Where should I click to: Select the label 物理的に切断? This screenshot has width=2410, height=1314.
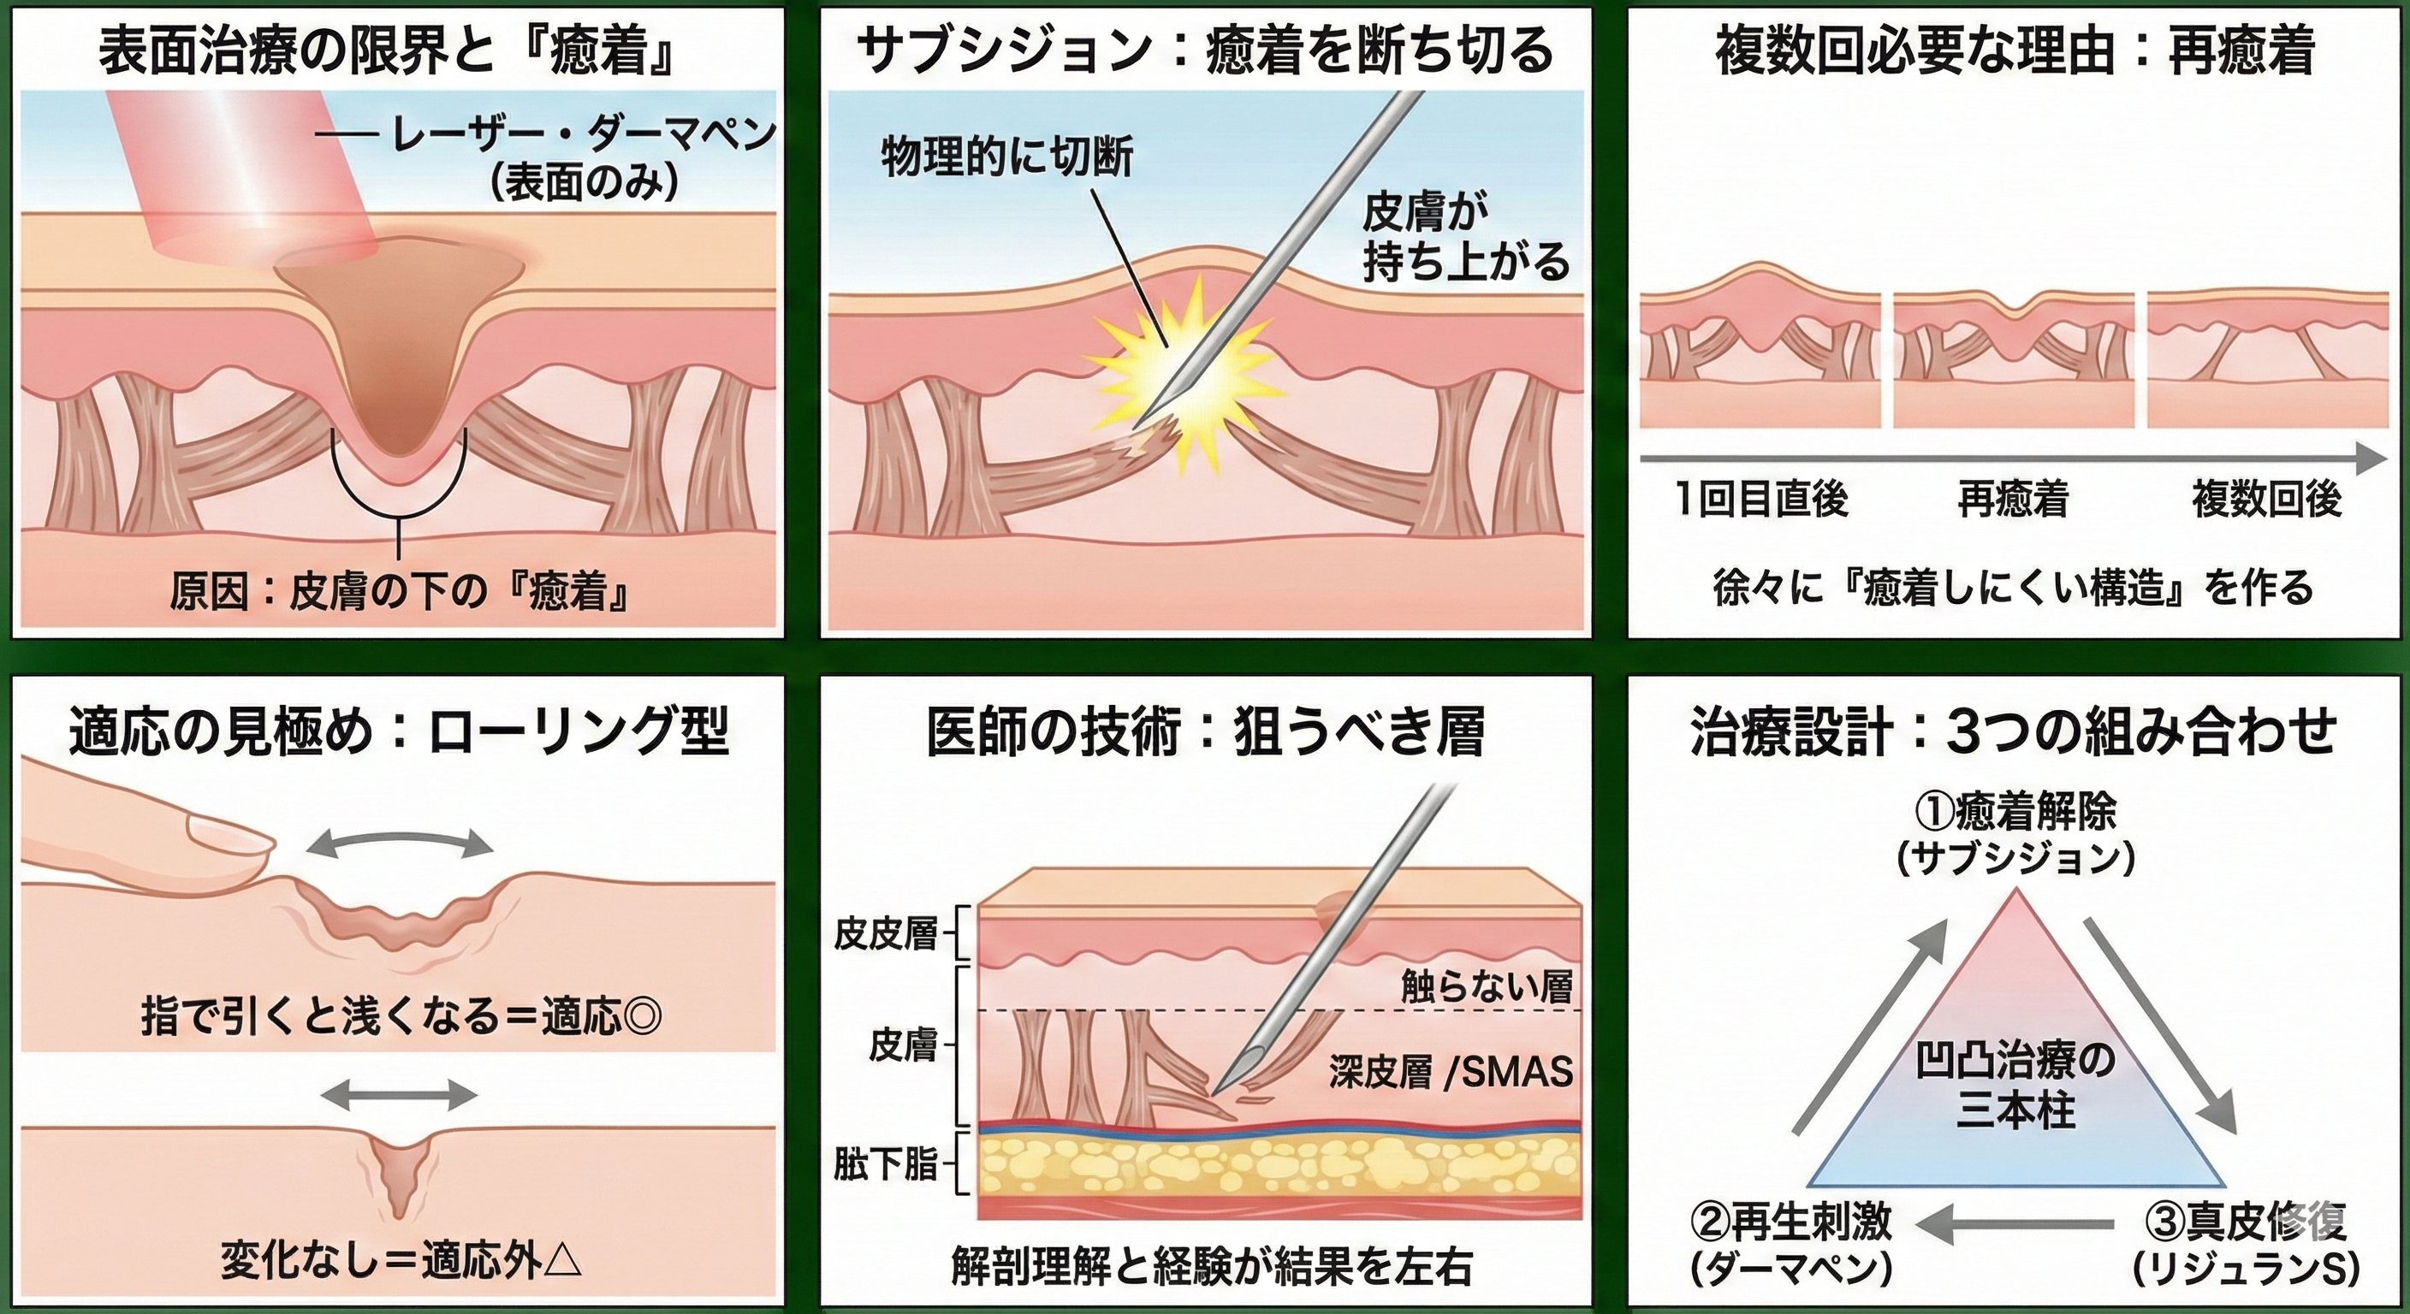pos(1006,158)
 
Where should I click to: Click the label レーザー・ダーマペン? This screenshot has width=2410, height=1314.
pos(584,139)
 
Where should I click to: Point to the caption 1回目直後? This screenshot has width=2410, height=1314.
pos(1761,499)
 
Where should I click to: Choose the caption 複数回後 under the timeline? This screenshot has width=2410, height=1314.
pos(2266,499)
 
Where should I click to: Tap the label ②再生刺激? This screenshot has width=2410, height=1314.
pos(1790,1222)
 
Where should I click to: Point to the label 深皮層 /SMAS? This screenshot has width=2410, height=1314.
pos(1450,1073)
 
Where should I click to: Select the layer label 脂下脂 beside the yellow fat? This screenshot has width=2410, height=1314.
pos(885,1165)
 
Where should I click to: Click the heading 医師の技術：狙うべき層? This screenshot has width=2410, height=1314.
pos(1205,733)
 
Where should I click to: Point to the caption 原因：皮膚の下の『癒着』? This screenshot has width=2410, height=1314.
pos(399,592)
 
